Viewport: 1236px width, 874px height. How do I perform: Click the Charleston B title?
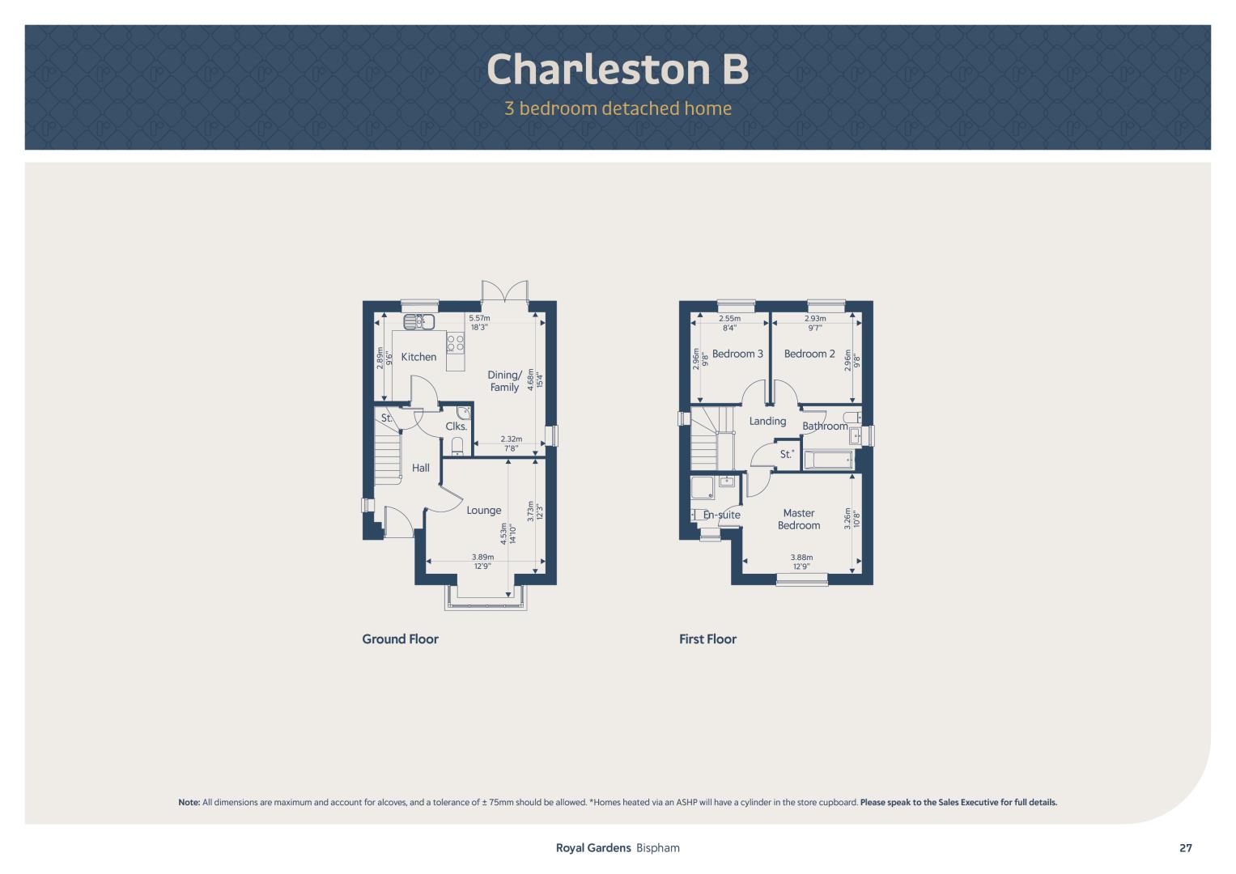pyautogui.click(x=618, y=70)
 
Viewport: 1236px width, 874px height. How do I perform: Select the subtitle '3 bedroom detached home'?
pyautogui.click(x=618, y=108)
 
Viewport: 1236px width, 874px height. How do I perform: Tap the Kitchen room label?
pyautogui.click(x=418, y=357)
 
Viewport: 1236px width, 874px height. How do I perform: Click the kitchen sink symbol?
pyautogui.click(x=418, y=321)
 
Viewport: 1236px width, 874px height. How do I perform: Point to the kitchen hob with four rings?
pyautogui.click(x=455, y=342)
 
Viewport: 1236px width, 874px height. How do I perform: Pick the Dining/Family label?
pyautogui.click(x=504, y=380)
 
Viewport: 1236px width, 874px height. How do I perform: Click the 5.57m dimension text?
pyautogui.click(x=479, y=318)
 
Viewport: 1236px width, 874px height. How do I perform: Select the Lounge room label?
pyautogui.click(x=484, y=511)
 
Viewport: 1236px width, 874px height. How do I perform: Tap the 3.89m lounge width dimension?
pyautogui.click(x=482, y=558)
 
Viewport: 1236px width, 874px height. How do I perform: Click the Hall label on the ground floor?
pyautogui.click(x=420, y=468)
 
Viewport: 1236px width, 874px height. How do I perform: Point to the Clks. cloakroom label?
pyautogui.click(x=457, y=426)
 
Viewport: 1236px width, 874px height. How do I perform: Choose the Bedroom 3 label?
pyautogui.click(x=737, y=354)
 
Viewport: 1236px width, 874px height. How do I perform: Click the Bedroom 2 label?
pyautogui.click(x=809, y=354)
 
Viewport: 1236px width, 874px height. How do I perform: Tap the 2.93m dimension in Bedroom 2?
pyautogui.click(x=815, y=318)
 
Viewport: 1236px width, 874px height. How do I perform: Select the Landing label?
pyautogui.click(x=767, y=421)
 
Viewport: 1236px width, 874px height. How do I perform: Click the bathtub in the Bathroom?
pyautogui.click(x=828, y=459)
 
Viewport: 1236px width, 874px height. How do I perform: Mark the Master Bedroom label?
pyautogui.click(x=798, y=520)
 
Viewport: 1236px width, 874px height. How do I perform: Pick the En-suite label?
pyautogui.click(x=721, y=515)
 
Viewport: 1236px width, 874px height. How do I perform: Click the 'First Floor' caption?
pyautogui.click(x=707, y=639)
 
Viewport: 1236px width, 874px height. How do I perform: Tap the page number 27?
pyautogui.click(x=1186, y=848)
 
